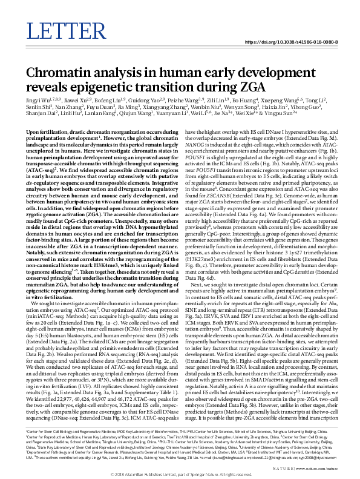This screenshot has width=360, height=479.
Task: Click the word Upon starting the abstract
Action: tap(34, 131)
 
